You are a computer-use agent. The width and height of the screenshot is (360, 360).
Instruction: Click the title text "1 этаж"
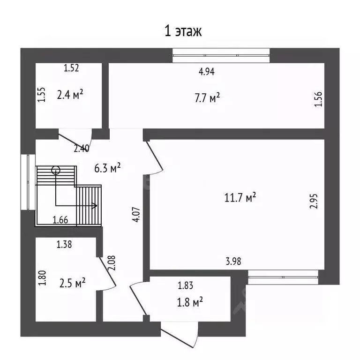pos(183,31)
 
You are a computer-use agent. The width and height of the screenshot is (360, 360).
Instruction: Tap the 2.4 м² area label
pos(70,95)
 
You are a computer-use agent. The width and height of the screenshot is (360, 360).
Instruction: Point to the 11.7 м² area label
pos(240,198)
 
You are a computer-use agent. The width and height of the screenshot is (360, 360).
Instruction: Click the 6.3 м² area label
pos(108,168)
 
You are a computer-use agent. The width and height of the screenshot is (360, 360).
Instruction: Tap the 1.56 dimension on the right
pos(319,99)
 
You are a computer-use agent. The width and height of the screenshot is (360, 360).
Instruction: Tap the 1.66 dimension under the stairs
pos(60,218)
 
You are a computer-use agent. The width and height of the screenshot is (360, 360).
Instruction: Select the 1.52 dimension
pos(71,68)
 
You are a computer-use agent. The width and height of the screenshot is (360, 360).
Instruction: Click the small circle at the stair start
pos(56,170)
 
